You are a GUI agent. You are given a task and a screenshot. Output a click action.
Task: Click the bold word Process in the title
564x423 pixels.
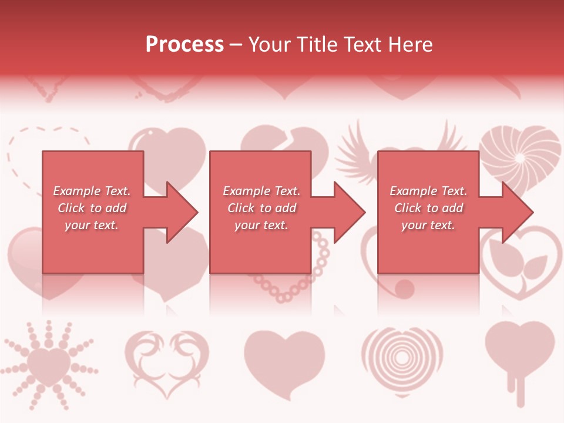[184, 45]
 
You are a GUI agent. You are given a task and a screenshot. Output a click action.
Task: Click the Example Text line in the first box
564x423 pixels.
[92, 191]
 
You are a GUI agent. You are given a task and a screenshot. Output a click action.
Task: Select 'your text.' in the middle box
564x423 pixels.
[261, 225]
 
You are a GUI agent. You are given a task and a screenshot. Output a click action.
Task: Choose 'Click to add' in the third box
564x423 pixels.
[429, 208]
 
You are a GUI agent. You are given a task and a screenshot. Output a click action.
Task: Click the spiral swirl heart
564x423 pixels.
[521, 154]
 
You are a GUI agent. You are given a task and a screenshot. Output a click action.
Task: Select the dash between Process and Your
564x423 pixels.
[236, 45]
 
